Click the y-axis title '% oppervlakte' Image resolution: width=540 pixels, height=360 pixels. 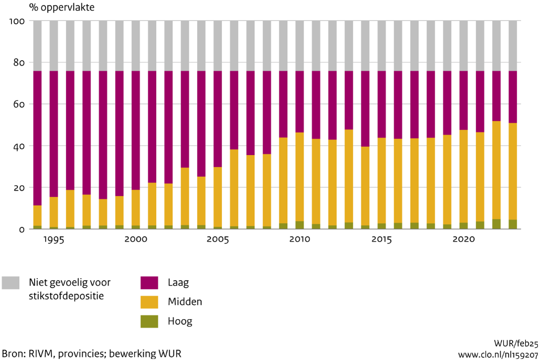pos(62,7)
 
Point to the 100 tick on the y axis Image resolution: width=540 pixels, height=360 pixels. pos(17,21)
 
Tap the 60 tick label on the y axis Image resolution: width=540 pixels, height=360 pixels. pos(19,104)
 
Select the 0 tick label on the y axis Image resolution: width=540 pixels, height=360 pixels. pos(22,230)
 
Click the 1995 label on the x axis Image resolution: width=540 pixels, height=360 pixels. pos(53,239)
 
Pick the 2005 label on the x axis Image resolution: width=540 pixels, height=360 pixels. pos(218,239)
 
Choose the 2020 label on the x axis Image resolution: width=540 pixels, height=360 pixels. pos(463,239)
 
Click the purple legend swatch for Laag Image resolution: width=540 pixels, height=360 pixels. pos(149,282)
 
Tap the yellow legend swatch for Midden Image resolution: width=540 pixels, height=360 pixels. pos(149,302)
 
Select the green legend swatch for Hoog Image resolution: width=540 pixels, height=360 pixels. pos(149,321)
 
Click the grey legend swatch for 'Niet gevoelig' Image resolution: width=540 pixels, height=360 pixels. pos(10,282)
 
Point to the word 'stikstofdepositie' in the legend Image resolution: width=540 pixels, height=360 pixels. pos(66,296)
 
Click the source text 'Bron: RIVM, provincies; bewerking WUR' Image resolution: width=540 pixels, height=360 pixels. pos(92,354)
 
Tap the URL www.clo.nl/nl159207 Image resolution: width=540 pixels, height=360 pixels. pos(498,355)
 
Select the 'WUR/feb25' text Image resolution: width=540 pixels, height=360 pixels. pos(516,343)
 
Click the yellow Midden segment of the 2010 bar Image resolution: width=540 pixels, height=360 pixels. pos(299,177)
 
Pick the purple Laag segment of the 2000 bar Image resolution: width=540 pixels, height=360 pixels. pos(136,130)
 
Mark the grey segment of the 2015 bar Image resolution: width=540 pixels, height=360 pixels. pos(382,46)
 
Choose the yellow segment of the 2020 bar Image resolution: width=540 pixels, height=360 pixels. pos(463,176)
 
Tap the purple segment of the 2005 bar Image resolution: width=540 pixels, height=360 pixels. pos(218,119)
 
